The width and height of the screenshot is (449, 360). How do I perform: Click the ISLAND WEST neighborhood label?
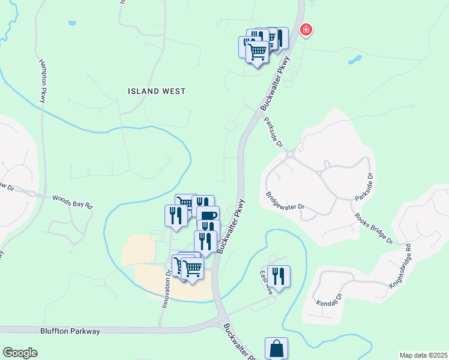pos(157,91)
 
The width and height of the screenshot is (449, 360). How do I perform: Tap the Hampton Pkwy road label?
pos(43,81)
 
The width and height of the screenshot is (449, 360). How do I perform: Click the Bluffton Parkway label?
pos(70,331)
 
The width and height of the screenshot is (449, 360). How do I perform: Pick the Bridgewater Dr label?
pos(285,202)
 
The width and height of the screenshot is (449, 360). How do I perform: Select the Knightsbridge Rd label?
pos(400,266)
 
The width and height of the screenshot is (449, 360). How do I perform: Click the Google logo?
pos(20,353)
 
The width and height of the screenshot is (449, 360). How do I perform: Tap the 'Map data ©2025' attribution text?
pos(423,355)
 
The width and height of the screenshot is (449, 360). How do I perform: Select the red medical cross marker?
pos(306,29)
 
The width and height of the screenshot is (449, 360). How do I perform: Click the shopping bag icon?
pos(276,349)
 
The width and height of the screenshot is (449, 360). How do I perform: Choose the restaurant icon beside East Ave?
pos(279,275)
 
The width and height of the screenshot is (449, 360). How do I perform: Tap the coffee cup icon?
pos(208,216)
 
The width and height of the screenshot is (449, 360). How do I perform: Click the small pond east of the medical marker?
pos(355,60)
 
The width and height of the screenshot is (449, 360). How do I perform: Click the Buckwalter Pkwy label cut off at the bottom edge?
pos(237,343)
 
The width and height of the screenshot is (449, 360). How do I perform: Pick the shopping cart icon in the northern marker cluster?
pos(258,52)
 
